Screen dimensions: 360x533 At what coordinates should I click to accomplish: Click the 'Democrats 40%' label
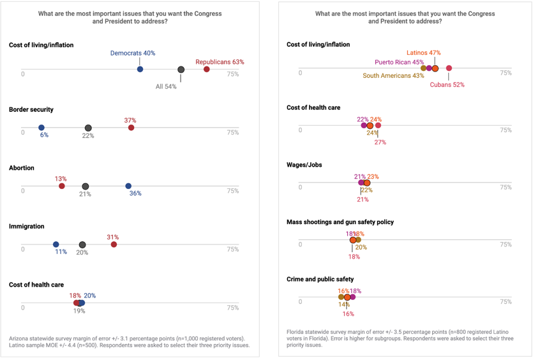[132, 54]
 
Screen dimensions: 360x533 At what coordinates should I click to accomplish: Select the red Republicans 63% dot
[207, 69]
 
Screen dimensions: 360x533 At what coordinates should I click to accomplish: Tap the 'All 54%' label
[166, 86]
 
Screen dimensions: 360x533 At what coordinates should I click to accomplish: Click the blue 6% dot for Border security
[41, 128]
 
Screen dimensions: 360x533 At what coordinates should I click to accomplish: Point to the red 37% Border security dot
[131, 128]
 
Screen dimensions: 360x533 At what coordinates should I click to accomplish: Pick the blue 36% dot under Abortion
[128, 186]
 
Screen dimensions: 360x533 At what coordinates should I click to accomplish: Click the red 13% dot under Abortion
[62, 186]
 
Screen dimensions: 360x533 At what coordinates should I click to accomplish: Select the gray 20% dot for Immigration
[82, 245]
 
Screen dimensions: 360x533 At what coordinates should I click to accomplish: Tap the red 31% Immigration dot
[114, 244]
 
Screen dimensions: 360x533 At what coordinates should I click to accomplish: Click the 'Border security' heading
[31, 110]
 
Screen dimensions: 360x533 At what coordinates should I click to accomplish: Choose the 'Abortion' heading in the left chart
[22, 169]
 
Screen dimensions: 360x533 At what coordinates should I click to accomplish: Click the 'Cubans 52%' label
[447, 84]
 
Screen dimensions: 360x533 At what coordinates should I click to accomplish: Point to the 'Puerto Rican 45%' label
[399, 63]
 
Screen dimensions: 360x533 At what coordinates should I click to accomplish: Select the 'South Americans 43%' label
[393, 75]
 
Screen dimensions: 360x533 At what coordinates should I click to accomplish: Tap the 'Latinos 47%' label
[423, 53]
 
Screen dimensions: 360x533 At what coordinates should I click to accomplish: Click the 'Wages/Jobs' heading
[304, 165]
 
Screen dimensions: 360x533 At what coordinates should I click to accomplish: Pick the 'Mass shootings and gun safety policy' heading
[340, 222]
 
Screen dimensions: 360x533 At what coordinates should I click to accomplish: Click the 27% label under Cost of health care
[380, 142]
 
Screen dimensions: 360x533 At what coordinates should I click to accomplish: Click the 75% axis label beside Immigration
[233, 250]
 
